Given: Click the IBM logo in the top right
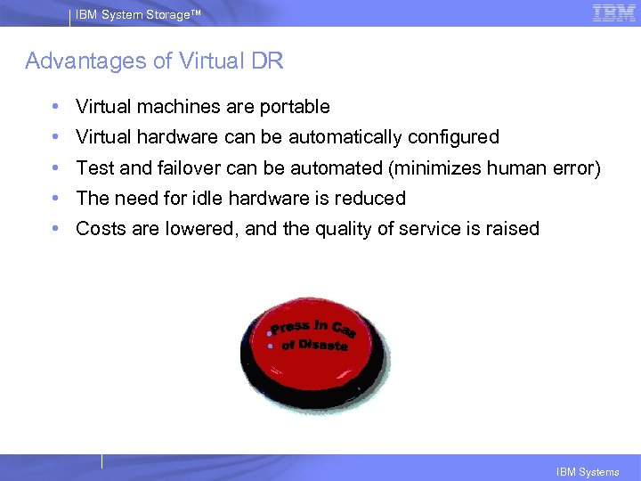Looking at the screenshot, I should (614, 12).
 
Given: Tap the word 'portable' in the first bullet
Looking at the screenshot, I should (295, 107).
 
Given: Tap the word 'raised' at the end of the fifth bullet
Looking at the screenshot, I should (512, 228).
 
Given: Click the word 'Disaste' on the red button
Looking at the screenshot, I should (323, 344).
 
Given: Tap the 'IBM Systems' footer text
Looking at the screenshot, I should (588, 472).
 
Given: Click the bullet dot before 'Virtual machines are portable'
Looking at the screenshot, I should (56, 107).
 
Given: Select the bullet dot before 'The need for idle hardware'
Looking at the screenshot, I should (56, 198).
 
